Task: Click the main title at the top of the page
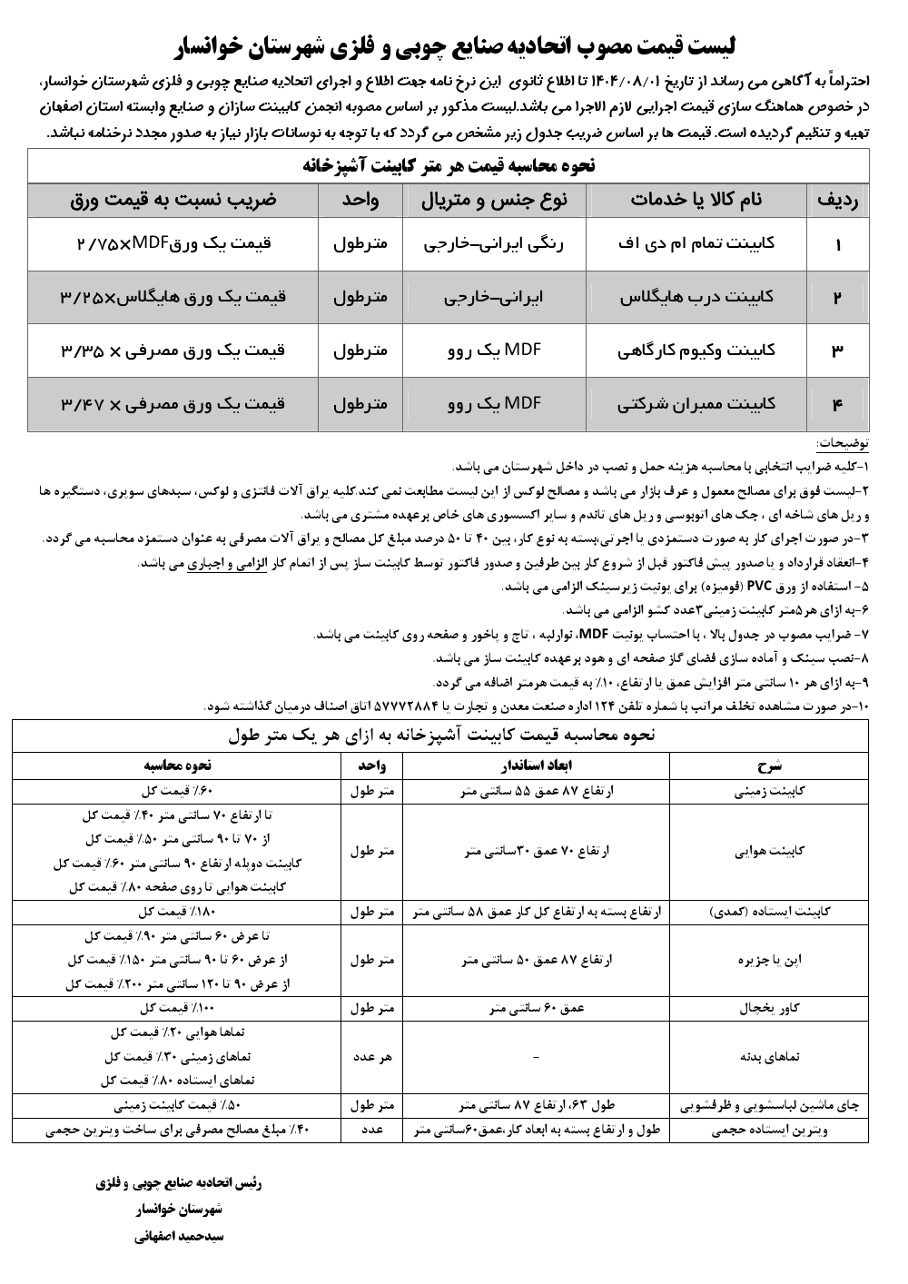click(x=454, y=46)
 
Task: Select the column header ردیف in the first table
click(x=838, y=200)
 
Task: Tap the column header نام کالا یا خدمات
click(x=696, y=200)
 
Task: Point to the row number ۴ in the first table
click(x=837, y=403)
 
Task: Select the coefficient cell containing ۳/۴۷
click(x=173, y=403)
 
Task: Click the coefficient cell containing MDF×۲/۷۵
click(x=173, y=244)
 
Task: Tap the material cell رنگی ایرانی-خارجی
click(x=495, y=244)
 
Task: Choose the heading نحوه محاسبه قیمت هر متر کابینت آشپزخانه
click(x=448, y=166)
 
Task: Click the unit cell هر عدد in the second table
click(x=371, y=1057)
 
